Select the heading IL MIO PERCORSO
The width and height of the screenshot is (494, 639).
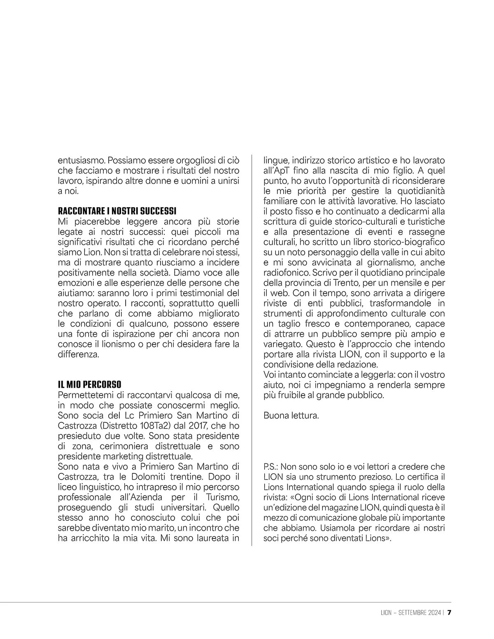90,385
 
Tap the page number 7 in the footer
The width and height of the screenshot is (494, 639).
450,613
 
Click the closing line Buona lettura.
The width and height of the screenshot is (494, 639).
291,416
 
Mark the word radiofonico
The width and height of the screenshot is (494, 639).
286,273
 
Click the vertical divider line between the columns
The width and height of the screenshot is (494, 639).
252,350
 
